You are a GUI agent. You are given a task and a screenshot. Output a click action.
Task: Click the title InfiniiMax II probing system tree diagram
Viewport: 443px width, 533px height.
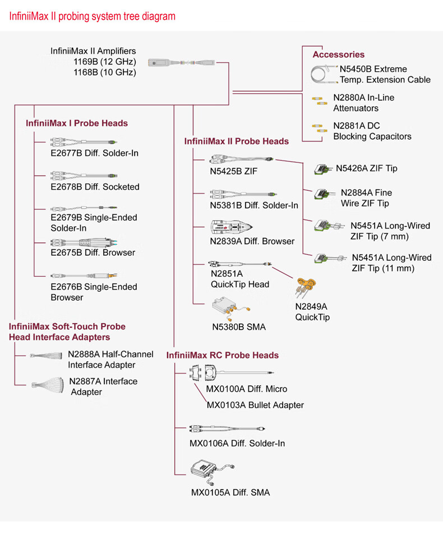coord(93,16)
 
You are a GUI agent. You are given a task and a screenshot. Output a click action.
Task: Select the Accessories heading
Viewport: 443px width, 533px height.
coord(338,54)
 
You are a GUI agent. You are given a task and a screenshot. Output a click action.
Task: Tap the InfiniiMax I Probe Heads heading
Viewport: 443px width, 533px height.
coord(77,123)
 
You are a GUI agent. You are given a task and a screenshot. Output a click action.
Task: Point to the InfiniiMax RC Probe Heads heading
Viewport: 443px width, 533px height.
coord(222,355)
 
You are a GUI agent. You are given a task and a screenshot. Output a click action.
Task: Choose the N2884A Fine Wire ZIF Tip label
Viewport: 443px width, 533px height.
coord(366,198)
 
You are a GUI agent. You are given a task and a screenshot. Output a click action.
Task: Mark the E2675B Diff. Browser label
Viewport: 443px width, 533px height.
coord(93,252)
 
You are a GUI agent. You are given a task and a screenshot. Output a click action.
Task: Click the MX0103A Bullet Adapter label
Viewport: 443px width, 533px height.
coord(255,405)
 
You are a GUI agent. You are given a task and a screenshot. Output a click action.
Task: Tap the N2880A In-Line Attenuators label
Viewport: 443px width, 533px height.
coord(363,103)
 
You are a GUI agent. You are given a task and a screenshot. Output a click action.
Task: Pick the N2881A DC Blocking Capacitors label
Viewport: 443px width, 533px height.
coord(372,131)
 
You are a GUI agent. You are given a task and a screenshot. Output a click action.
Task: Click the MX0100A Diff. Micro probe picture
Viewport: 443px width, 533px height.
coord(230,372)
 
